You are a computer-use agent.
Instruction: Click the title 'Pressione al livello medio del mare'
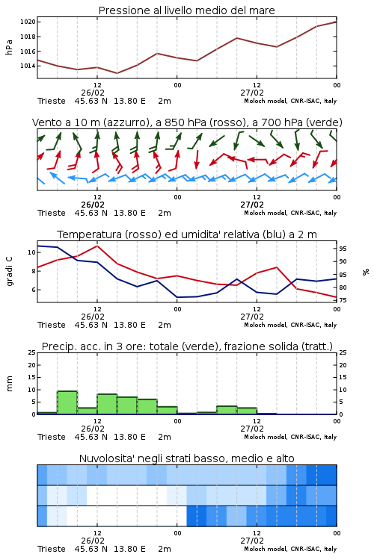[186, 10]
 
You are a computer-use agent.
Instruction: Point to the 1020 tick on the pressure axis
[28, 22]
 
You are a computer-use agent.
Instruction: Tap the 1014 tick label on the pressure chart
[28, 66]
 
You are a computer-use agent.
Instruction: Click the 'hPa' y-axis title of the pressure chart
[9, 47]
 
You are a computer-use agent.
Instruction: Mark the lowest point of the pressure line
[117, 73]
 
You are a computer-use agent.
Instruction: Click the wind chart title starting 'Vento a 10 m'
[187, 122]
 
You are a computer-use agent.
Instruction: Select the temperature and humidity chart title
[187, 234]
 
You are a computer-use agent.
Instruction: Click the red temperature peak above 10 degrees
[97, 246]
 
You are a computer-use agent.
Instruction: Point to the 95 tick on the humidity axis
[343, 249]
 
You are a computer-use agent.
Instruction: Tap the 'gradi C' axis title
[9, 272]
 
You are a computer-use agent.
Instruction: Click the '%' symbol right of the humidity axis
[366, 272]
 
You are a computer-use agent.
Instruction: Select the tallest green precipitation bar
[67, 403]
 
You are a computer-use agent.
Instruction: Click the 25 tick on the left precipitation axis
[32, 352]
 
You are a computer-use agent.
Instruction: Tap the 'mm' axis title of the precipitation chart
[9, 384]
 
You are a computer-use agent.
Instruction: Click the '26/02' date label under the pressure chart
[93, 93]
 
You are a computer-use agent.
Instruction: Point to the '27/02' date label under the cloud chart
[252, 541]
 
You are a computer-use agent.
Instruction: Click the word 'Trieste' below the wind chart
[52, 213]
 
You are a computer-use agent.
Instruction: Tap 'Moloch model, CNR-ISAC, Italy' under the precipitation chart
[290, 437]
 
